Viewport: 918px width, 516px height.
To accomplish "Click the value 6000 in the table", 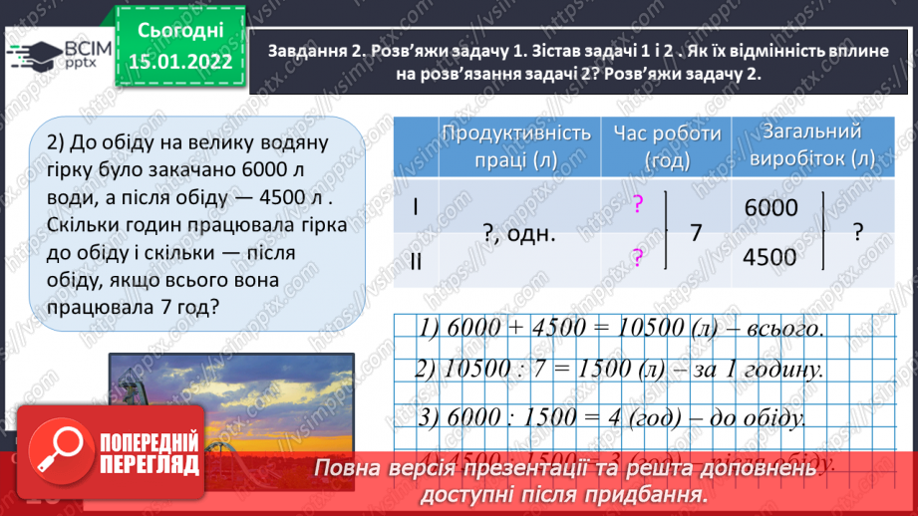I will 771,208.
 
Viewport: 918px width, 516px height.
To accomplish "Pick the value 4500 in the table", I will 771,256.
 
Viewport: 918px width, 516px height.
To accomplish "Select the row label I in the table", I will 418,209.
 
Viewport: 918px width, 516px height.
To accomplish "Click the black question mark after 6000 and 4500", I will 855,233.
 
